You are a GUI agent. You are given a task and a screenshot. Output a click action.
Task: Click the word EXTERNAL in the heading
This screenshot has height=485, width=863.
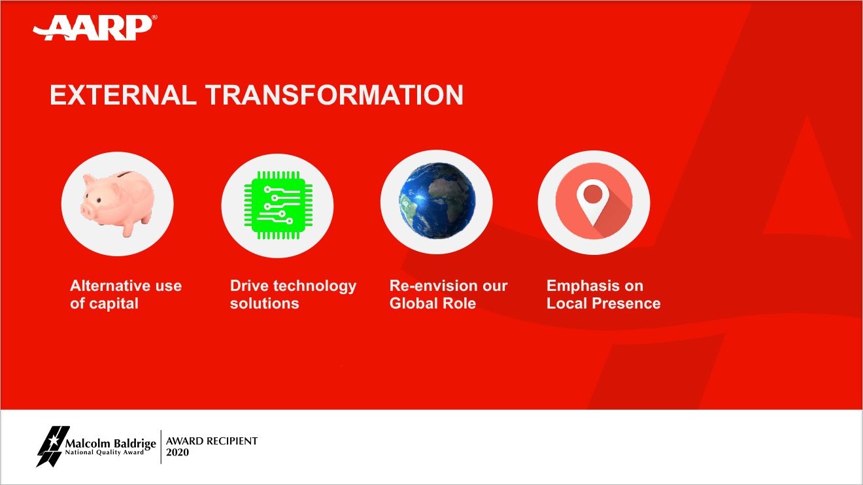(123, 95)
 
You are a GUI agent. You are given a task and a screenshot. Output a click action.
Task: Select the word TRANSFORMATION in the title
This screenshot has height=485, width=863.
(335, 95)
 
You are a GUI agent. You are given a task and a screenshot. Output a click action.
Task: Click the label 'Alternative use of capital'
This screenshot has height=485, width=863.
(126, 295)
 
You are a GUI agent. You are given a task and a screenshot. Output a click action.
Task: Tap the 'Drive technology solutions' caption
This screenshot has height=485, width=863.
(293, 295)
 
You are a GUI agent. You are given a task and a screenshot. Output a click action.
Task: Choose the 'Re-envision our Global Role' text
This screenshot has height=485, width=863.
(448, 295)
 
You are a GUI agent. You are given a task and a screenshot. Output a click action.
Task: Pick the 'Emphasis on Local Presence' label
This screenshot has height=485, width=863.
(603, 295)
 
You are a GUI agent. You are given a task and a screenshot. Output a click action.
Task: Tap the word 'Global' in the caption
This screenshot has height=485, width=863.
(412, 304)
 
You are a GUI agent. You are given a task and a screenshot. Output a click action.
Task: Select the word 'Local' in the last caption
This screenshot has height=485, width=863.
(566, 304)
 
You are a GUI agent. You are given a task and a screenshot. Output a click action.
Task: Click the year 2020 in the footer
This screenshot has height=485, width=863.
(178, 452)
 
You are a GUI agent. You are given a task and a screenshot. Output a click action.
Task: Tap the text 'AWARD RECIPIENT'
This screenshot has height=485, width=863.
(212, 441)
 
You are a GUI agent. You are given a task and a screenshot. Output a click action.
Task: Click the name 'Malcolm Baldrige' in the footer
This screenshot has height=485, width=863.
(110, 444)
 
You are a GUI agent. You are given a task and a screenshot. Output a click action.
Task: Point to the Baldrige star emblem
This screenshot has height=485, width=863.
(51, 445)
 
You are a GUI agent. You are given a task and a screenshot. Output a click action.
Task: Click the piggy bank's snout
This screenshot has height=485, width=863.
(90, 210)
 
